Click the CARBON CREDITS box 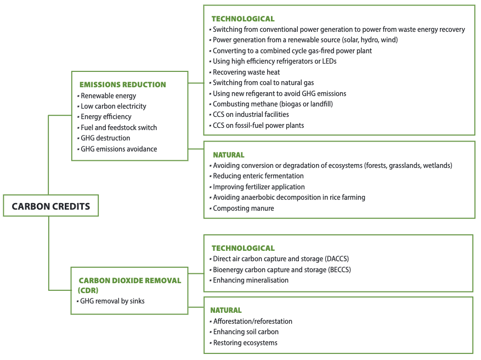point(50,207)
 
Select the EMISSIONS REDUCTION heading point(122,85)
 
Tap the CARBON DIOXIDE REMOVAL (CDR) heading point(129,284)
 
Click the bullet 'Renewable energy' point(108,96)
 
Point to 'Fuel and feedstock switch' point(118,127)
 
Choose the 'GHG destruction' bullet point(105,138)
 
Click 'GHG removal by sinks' point(112,301)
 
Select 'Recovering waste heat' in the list point(246,72)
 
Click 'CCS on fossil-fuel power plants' point(258,125)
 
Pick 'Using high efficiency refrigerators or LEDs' point(274,61)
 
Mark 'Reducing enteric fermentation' point(258,176)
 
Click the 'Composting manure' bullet point(244,208)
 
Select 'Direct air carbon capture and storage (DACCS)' point(281,258)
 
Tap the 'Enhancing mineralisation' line point(251,280)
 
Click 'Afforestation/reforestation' point(252,321)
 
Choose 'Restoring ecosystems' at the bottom point(245,342)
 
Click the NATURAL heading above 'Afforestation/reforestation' point(226,310)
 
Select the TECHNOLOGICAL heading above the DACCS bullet point(243,248)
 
